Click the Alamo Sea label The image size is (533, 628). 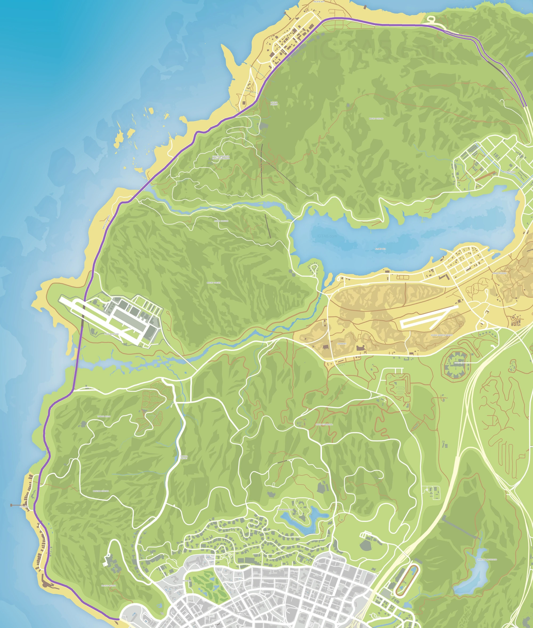click(380, 249)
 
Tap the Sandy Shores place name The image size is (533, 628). click(499, 273)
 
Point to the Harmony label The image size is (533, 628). click(342, 344)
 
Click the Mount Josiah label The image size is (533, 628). click(214, 283)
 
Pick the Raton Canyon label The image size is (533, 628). click(221, 221)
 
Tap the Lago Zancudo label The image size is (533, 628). click(111, 334)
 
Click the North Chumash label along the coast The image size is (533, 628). click(106, 222)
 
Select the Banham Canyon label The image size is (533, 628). click(101, 491)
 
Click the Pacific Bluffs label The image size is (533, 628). click(108, 586)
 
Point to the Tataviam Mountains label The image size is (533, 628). click(487, 559)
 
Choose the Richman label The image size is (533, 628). click(187, 581)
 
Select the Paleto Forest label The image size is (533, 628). click(274, 103)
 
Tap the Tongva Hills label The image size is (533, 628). click(104, 416)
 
